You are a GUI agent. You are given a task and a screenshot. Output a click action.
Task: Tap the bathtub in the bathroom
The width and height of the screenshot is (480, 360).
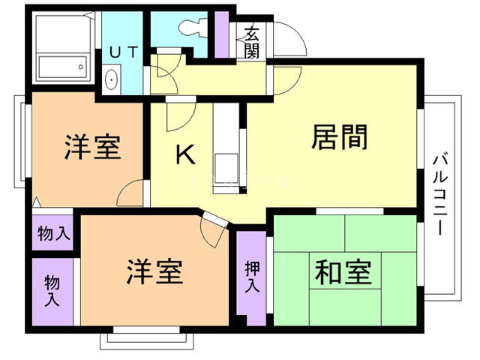[63, 67]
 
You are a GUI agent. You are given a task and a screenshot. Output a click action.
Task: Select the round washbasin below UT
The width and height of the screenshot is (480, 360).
[111, 79]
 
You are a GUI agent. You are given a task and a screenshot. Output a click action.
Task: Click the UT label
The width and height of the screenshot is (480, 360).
[124, 52]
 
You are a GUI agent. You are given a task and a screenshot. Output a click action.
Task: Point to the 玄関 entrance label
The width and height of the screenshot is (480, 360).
[252, 42]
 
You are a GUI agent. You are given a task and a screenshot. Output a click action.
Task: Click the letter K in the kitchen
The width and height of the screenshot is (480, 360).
[185, 154]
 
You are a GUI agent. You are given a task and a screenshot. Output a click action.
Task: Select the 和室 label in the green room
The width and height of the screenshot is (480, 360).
[343, 272]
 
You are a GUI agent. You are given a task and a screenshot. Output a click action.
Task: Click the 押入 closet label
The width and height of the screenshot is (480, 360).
[252, 277]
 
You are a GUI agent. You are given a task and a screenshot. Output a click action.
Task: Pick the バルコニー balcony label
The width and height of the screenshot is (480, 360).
[440, 195]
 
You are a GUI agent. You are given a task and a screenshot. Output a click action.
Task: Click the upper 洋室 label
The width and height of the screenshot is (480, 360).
[92, 147]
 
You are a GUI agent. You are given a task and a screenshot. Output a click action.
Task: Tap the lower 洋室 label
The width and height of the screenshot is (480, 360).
[155, 271]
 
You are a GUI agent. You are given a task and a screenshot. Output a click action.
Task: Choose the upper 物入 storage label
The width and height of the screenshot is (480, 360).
[54, 233]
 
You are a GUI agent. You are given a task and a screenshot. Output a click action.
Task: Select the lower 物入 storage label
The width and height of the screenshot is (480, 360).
[52, 290]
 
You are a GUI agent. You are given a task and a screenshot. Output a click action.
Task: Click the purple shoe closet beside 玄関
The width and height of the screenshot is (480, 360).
[222, 34]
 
